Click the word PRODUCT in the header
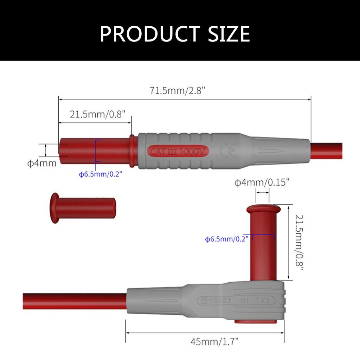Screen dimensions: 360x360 (148, 34)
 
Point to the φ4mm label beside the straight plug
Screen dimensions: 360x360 (42, 163)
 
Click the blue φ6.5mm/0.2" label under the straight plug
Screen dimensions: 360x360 (101, 174)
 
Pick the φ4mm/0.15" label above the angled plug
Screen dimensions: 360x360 (262, 182)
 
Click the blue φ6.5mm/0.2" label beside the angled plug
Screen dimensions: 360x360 (227, 239)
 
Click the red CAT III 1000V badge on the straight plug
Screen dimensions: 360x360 (179, 152)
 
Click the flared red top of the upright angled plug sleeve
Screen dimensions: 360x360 (264, 209)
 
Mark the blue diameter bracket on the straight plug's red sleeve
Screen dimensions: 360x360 (96, 150)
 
